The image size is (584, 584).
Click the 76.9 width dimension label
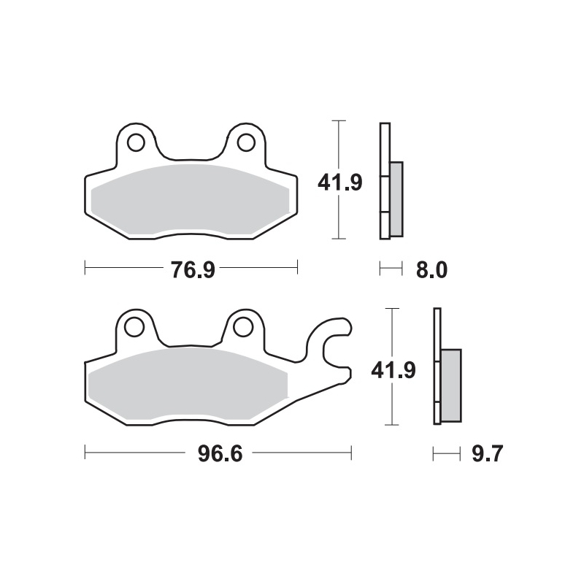pyautogui.click(x=192, y=269)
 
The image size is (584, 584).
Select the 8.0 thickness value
pyautogui.click(x=431, y=269)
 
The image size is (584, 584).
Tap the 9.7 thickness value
pyautogui.click(x=488, y=454)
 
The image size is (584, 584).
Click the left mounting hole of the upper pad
pyautogui.click(x=136, y=142)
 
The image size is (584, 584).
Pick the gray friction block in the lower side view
pyautogui.click(x=451, y=385)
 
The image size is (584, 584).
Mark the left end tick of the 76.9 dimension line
pyautogui.click(x=85, y=269)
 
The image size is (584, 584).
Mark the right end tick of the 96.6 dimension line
pyautogui.click(x=352, y=454)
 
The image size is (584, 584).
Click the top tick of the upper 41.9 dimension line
pyautogui.click(x=337, y=120)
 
